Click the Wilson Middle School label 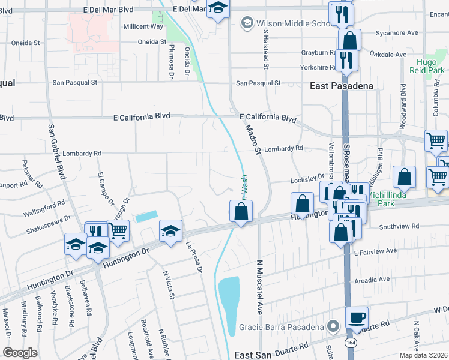[293, 23]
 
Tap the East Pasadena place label [342, 86]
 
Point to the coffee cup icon [357, 318]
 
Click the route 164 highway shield [350, 341]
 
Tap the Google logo [20, 352]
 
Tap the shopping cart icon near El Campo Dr [118, 230]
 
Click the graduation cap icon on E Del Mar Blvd [218, 8]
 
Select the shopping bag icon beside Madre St [241, 211]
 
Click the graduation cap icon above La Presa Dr [170, 231]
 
